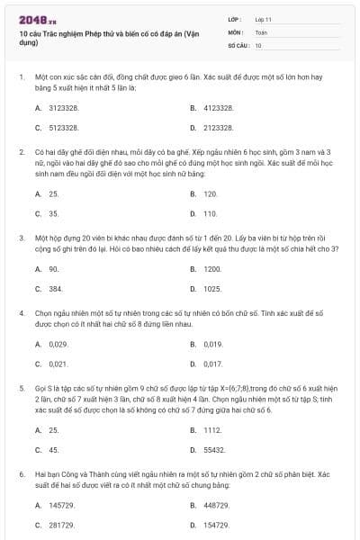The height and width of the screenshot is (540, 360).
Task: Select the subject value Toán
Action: pos(261,31)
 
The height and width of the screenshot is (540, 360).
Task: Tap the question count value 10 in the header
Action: pos(258,44)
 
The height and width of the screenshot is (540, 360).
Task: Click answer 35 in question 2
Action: pos(54,213)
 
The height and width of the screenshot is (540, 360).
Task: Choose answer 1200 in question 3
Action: pos(212,268)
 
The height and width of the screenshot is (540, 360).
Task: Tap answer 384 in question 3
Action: pos(56,289)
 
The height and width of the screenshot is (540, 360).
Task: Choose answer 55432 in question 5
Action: pos(214,449)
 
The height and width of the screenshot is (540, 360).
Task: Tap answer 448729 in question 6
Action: pos(217,505)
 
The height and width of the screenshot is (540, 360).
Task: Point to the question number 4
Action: pos(21,312)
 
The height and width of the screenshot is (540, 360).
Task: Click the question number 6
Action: pos(21,472)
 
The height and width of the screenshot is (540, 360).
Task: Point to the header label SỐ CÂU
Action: pos(238,44)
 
